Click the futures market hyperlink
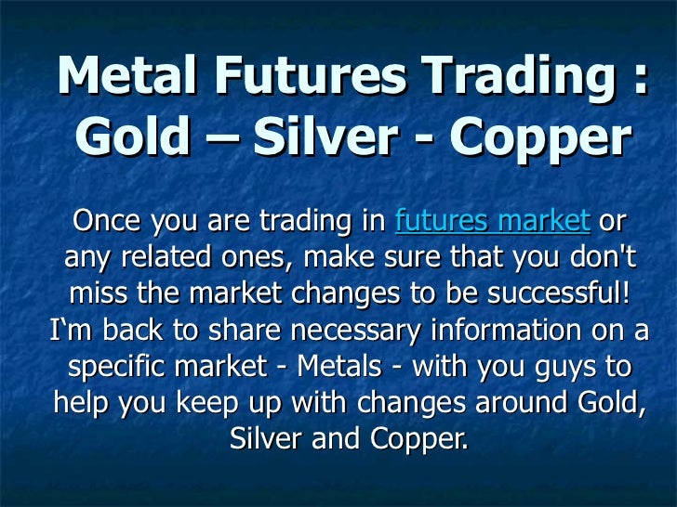click(492, 222)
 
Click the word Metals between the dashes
click(347, 366)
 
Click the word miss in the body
click(100, 294)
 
